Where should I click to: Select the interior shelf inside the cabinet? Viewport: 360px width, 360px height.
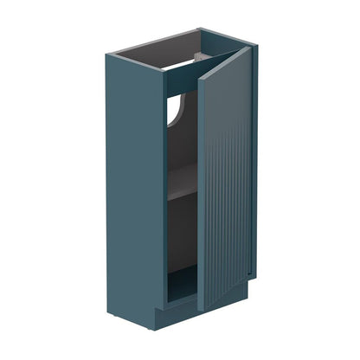(182, 192)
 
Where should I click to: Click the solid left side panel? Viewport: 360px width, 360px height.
(134, 190)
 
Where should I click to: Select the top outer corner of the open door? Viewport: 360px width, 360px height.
(249, 48)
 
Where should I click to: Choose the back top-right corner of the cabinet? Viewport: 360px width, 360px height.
(201, 29)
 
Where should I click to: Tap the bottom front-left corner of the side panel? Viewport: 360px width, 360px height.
(161, 305)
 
